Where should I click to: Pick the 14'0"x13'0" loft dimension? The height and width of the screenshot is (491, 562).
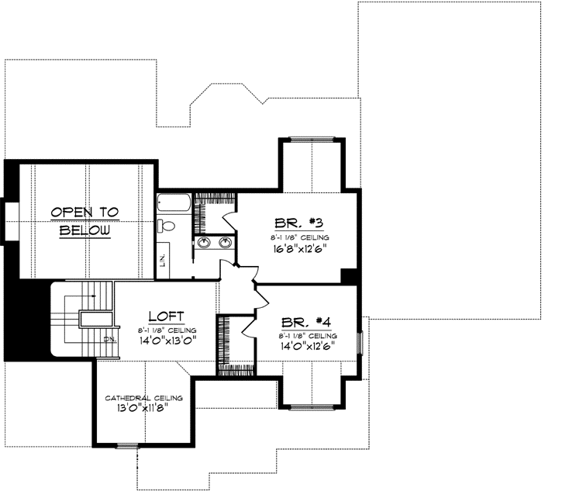point(167,339)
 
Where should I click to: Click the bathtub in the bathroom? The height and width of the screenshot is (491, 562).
point(171,205)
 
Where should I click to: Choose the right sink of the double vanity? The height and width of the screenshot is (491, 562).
point(225,244)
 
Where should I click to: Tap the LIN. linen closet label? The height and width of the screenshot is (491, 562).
point(164,261)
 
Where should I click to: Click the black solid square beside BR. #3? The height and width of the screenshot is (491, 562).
point(350,276)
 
